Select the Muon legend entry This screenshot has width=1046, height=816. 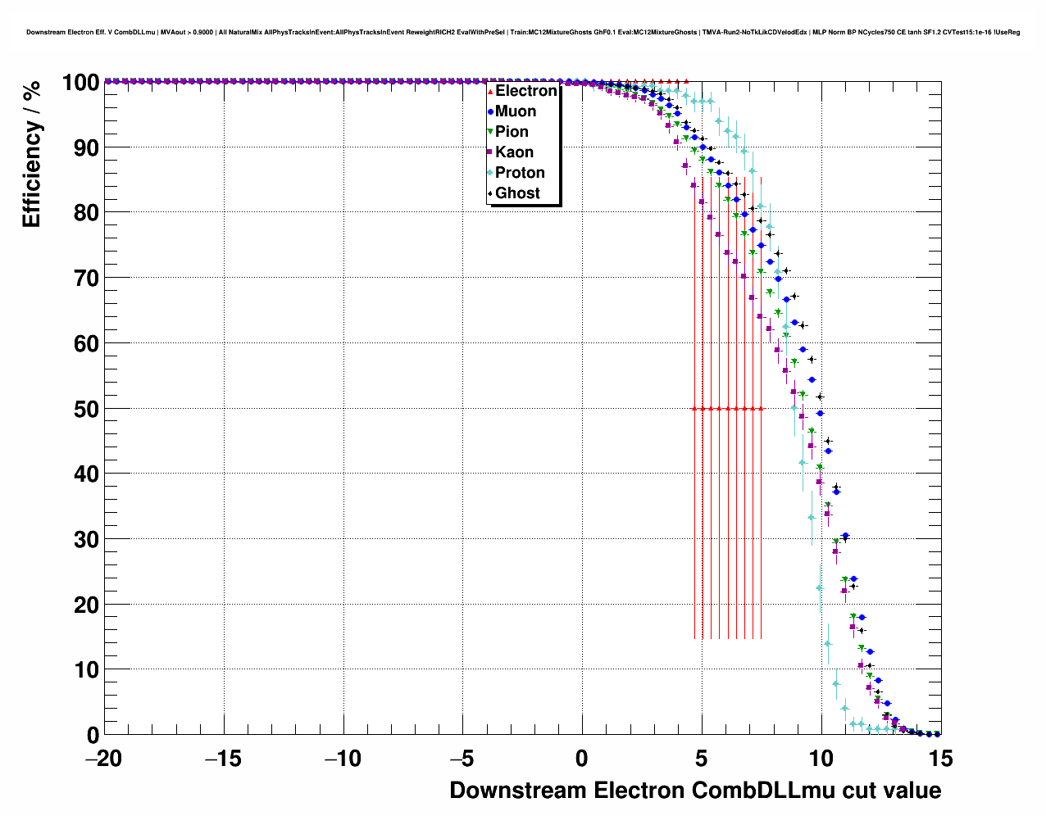(515, 111)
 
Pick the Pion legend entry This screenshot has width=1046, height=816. (512, 132)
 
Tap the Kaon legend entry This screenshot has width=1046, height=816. (514, 152)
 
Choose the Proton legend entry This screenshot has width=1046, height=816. (520, 173)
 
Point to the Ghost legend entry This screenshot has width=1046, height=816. (517, 193)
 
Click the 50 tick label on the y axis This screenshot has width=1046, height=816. (81, 409)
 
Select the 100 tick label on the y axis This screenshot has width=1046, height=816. (75, 83)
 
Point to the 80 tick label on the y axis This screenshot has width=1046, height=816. (81, 213)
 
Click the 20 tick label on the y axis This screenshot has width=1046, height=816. (81, 605)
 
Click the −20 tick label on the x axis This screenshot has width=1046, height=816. (103, 759)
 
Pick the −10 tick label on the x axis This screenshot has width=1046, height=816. (343, 759)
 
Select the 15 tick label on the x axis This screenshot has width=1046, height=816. (940, 759)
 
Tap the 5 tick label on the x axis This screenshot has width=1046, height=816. (702, 759)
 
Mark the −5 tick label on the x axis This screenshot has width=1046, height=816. (462, 759)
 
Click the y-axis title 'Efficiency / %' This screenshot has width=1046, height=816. (32, 155)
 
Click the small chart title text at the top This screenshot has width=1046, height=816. (523, 32)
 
